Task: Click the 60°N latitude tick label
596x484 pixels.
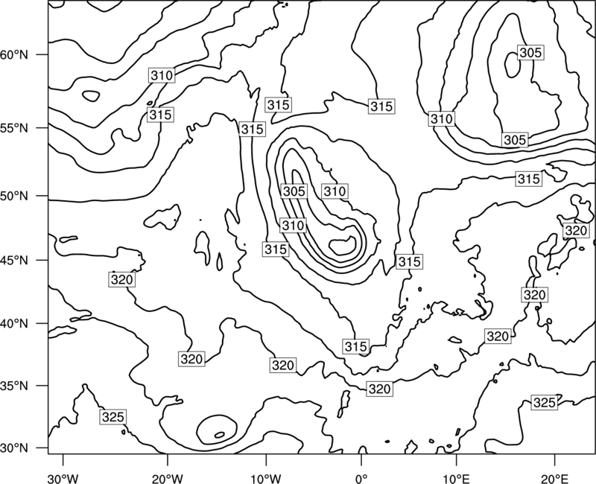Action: click(14, 55)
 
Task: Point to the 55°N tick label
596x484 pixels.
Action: click(14, 128)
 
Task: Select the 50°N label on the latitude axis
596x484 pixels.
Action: click(14, 196)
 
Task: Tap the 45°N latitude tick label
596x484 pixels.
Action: click(14, 260)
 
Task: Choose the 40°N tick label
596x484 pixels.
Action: click(14, 324)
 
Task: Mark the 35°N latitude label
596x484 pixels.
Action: click(14, 386)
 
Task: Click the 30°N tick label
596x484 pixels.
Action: click(14, 448)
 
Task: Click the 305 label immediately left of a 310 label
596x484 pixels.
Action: click(294, 191)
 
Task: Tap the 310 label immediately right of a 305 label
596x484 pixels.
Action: click(335, 191)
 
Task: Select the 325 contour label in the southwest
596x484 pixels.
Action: click(113, 417)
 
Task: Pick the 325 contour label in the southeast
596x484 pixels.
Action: click(545, 402)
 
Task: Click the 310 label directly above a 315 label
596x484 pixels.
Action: click(162, 76)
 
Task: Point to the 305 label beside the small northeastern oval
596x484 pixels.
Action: click(530, 52)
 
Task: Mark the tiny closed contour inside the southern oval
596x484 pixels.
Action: click(219, 435)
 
